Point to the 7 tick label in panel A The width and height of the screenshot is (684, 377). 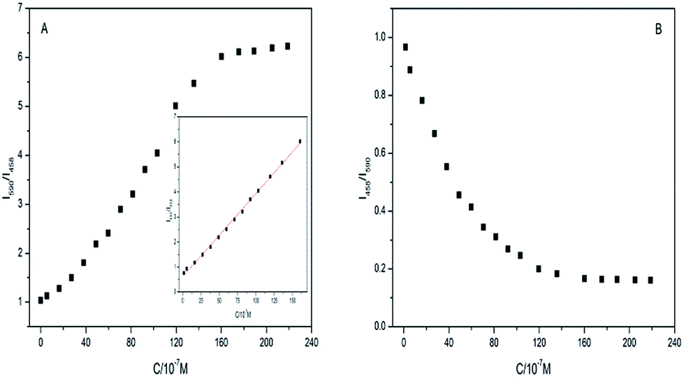(x=19, y=8)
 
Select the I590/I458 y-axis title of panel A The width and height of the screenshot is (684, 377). (x=10, y=168)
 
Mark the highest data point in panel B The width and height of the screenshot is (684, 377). (x=405, y=47)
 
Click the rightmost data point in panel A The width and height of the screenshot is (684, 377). (x=287, y=46)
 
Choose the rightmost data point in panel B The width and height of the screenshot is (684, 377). (x=650, y=280)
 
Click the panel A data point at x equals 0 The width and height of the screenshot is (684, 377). (x=41, y=300)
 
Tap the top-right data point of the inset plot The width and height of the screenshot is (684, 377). (x=300, y=141)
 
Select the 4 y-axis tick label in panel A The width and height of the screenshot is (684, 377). (x=19, y=155)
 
